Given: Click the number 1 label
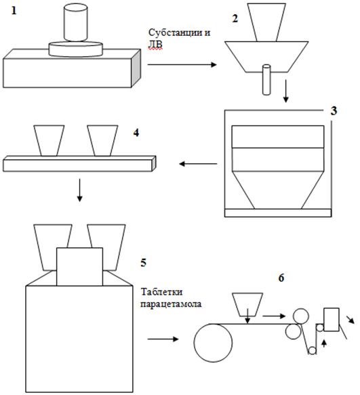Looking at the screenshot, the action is click(14, 11).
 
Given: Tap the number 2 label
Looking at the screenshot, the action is click(235, 19).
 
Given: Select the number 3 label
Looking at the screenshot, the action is click(334, 111).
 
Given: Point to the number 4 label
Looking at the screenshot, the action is click(136, 133).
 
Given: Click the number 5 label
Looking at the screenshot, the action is click(143, 262).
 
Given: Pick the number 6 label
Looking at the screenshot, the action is click(281, 278).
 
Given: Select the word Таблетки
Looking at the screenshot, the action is click(161, 292).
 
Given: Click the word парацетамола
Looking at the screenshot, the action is click(171, 304).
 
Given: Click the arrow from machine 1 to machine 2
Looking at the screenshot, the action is click(182, 65).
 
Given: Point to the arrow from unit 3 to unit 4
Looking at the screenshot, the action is click(198, 164).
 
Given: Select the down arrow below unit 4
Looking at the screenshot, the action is click(80, 190).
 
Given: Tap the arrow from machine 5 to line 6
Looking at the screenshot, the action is click(163, 339).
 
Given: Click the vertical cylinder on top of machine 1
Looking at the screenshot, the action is click(76, 22).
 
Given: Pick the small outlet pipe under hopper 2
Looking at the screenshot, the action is click(266, 80).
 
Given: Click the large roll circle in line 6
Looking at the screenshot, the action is click(214, 343).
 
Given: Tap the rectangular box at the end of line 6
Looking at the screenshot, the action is click(332, 319).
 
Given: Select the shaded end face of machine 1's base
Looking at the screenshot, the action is click(136, 68).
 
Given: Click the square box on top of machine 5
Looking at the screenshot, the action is click(80, 266).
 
